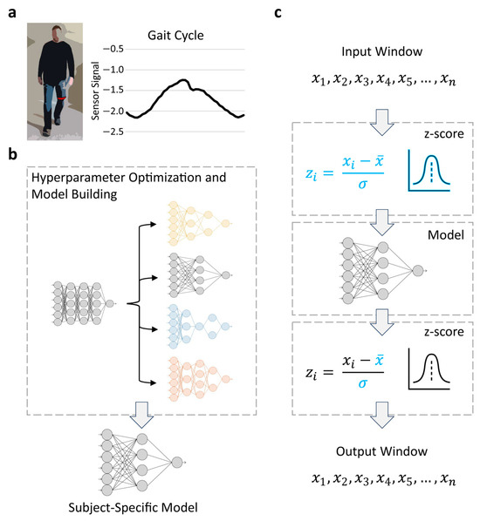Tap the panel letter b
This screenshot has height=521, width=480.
11,157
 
